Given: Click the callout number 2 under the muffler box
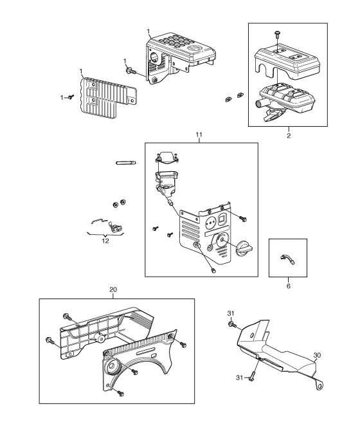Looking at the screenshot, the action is (x=289, y=136).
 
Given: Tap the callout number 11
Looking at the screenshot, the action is (x=199, y=134).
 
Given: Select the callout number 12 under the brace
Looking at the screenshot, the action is (x=105, y=241).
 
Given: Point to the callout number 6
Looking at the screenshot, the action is (x=288, y=286).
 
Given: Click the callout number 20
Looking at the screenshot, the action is (x=113, y=290).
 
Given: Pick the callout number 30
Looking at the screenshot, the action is (x=317, y=355).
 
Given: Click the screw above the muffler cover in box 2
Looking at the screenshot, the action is (x=277, y=34).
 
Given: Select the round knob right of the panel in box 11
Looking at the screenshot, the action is (x=244, y=248).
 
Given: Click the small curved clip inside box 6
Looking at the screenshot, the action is (x=287, y=259).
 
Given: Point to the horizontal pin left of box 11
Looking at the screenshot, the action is (x=125, y=163).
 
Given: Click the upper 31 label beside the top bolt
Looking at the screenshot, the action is (x=231, y=313).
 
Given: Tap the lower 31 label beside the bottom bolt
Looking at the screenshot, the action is (x=239, y=377).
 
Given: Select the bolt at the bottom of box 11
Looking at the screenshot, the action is (x=213, y=271).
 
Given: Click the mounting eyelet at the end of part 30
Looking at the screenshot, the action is (x=319, y=385).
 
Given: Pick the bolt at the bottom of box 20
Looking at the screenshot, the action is (x=120, y=393).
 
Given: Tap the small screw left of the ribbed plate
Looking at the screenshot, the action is (x=71, y=97).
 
